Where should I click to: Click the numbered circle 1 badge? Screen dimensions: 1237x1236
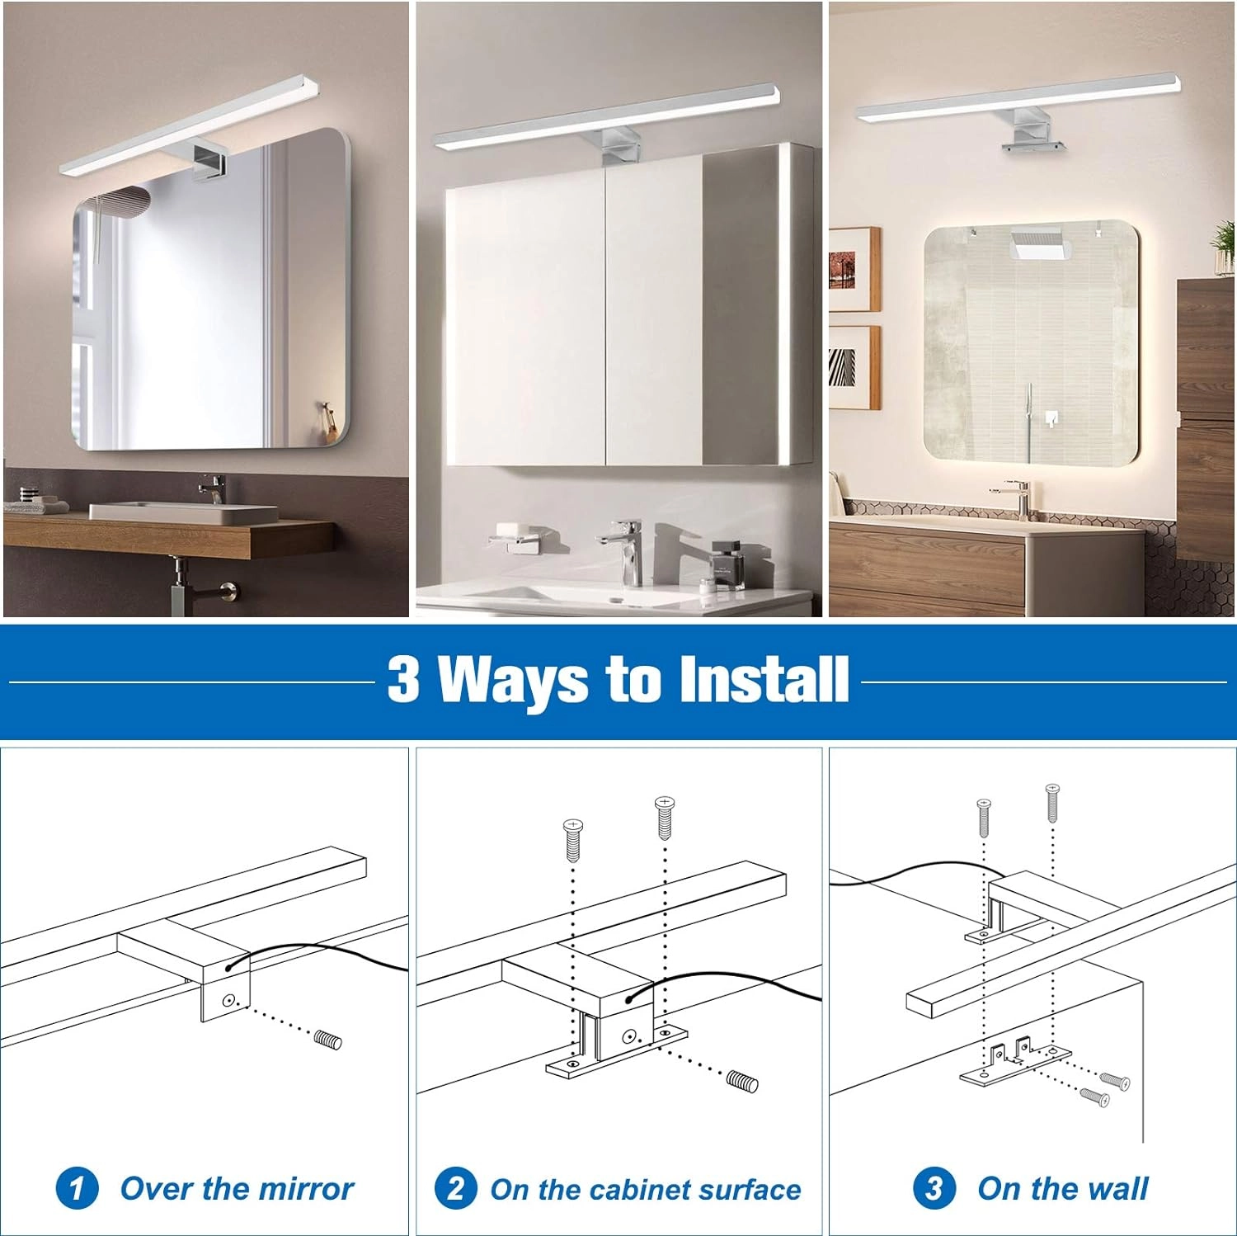click(78, 1188)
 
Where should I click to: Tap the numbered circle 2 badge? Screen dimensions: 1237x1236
click(456, 1189)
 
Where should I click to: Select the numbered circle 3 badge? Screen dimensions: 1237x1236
click(934, 1188)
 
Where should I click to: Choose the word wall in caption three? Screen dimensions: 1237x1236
click(1117, 1189)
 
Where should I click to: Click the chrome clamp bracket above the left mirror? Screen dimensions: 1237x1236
click(208, 160)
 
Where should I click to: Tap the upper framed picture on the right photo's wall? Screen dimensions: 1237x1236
click(854, 269)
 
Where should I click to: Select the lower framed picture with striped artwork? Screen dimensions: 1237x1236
click(854, 367)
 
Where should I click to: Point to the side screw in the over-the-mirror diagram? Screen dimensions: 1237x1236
click(327, 1039)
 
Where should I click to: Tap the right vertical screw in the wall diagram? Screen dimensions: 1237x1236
click(1052, 802)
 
